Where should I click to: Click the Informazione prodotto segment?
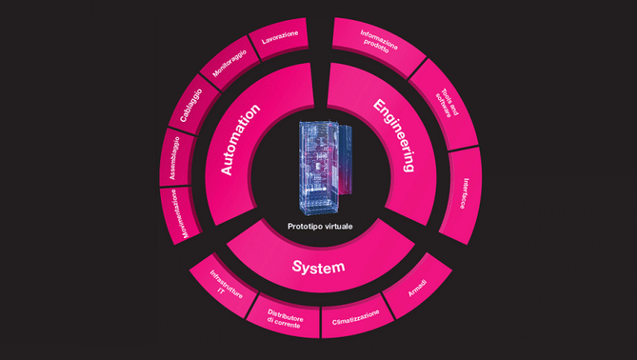click(x=378, y=41)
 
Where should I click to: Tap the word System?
click(x=318, y=267)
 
